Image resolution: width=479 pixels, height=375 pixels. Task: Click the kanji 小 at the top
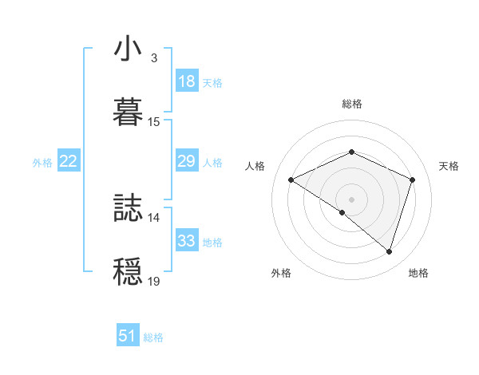click(129, 49)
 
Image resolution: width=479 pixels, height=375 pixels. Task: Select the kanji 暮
click(129, 111)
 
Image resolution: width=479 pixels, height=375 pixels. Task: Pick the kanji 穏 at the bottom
click(129, 270)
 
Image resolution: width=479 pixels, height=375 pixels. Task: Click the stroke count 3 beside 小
click(153, 58)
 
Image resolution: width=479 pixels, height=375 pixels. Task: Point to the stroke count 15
click(154, 122)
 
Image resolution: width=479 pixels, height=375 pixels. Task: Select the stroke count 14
click(154, 217)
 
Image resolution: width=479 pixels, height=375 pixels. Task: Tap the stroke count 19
click(154, 281)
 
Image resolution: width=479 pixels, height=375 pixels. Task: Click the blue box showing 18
click(186, 81)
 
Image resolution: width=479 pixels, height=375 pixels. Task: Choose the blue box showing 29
click(186, 161)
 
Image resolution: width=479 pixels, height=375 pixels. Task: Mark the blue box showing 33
click(186, 241)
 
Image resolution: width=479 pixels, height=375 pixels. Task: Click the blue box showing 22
click(68, 161)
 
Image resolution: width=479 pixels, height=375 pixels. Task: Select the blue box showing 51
click(128, 336)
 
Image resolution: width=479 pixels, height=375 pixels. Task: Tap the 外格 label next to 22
click(42, 163)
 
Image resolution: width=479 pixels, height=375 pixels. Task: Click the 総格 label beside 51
click(153, 337)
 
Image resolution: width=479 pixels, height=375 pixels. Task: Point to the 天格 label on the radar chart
click(449, 166)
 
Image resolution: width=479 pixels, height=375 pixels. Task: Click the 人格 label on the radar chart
click(255, 166)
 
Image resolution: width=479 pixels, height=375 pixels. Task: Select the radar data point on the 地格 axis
click(389, 251)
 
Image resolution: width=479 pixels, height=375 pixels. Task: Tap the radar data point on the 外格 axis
click(342, 212)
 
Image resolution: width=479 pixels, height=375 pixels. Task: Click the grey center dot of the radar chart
click(351, 199)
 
